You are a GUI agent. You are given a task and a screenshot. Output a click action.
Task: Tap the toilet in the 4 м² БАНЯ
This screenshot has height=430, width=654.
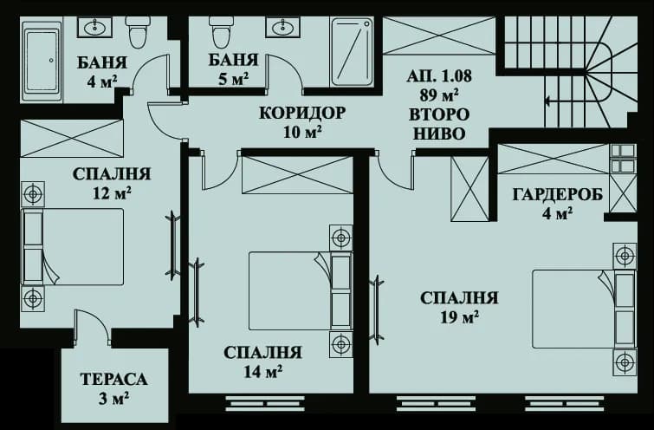coord(138,33)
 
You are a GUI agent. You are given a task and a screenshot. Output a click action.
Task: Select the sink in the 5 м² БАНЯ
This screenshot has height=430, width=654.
coord(282,29)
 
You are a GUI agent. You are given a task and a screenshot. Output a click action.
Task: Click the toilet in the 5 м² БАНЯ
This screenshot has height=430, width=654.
coord(221,33)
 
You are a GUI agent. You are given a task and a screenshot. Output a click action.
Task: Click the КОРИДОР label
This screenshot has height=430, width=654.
coord(302,113)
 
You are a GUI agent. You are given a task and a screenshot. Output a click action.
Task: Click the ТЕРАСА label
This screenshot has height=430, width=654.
coord(113,380)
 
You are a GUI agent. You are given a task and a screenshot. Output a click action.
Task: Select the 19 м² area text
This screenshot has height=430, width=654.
coord(459,317)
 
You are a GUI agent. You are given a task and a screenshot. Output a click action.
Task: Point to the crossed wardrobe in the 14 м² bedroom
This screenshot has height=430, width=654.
coord(296,175)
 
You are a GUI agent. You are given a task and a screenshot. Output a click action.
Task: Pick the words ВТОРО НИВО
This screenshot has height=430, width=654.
coord(439,124)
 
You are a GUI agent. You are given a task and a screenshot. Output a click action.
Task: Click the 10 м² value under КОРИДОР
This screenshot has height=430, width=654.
coord(302,132)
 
